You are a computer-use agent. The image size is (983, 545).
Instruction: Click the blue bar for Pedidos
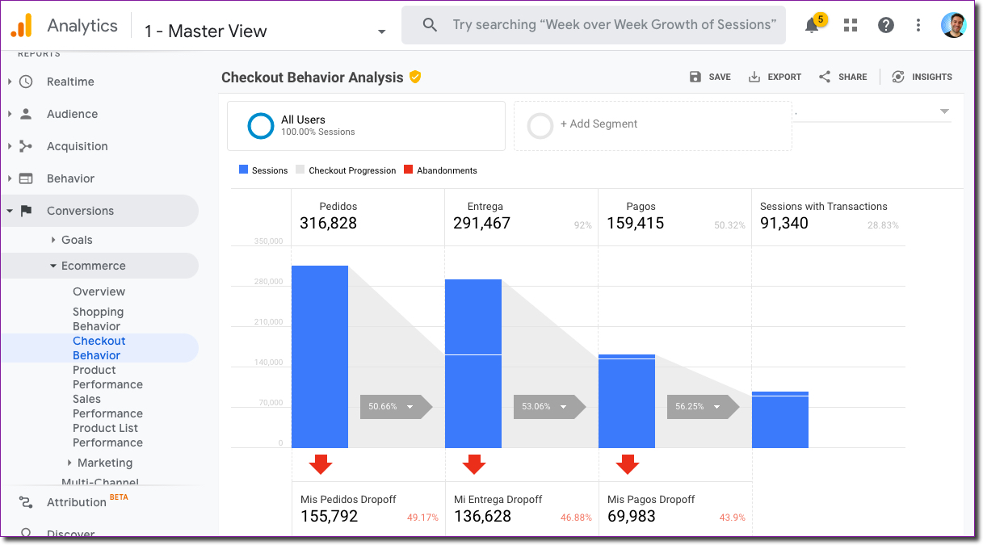point(320,356)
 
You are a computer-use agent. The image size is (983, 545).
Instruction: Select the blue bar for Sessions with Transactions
point(779,420)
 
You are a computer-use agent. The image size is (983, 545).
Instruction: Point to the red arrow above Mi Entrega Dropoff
point(474,464)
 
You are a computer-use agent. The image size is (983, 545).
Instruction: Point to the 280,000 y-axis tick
point(268,282)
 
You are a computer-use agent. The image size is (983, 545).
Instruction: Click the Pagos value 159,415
point(635,224)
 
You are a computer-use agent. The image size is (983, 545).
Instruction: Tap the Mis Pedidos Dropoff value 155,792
point(329,517)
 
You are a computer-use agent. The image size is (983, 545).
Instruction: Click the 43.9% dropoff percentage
point(732,518)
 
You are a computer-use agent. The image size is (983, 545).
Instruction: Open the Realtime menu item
point(70,82)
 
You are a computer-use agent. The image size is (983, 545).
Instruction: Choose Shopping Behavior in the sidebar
point(98,319)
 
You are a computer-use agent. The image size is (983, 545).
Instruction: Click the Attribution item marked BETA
point(77,502)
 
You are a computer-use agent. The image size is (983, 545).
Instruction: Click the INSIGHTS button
point(922,77)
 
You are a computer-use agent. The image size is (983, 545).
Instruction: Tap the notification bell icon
point(812,25)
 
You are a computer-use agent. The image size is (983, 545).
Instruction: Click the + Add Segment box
point(653,125)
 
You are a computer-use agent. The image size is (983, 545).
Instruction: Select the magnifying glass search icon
point(431,25)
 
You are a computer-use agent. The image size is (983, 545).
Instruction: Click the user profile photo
point(954,25)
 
